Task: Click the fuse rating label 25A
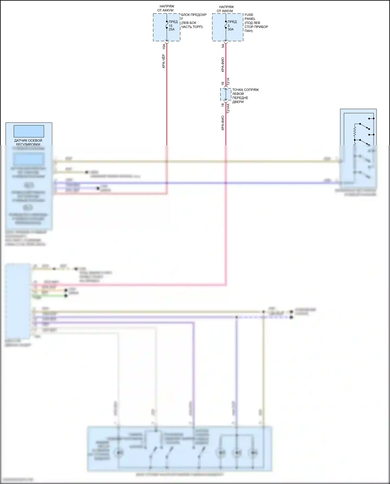[x=172, y=29]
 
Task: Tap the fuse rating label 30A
[x=231, y=29]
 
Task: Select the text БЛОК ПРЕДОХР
[x=194, y=15]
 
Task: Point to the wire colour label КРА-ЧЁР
[x=164, y=61]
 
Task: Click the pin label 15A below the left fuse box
[x=164, y=47]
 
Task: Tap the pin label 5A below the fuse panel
[x=223, y=46]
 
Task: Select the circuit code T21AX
[x=228, y=108]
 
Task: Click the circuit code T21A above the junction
[x=228, y=82]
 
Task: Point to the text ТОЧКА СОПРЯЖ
[x=245, y=90]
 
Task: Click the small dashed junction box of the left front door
[x=226, y=94]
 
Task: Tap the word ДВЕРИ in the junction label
[x=238, y=102]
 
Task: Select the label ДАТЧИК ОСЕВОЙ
[x=28, y=140]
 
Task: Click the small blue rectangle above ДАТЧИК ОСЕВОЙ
[x=29, y=131]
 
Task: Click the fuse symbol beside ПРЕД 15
[x=167, y=25]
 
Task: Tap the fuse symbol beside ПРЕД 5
[x=226, y=25]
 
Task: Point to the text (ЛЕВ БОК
[x=189, y=23]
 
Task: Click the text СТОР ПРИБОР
[x=256, y=27]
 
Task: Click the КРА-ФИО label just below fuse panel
[x=223, y=64]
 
